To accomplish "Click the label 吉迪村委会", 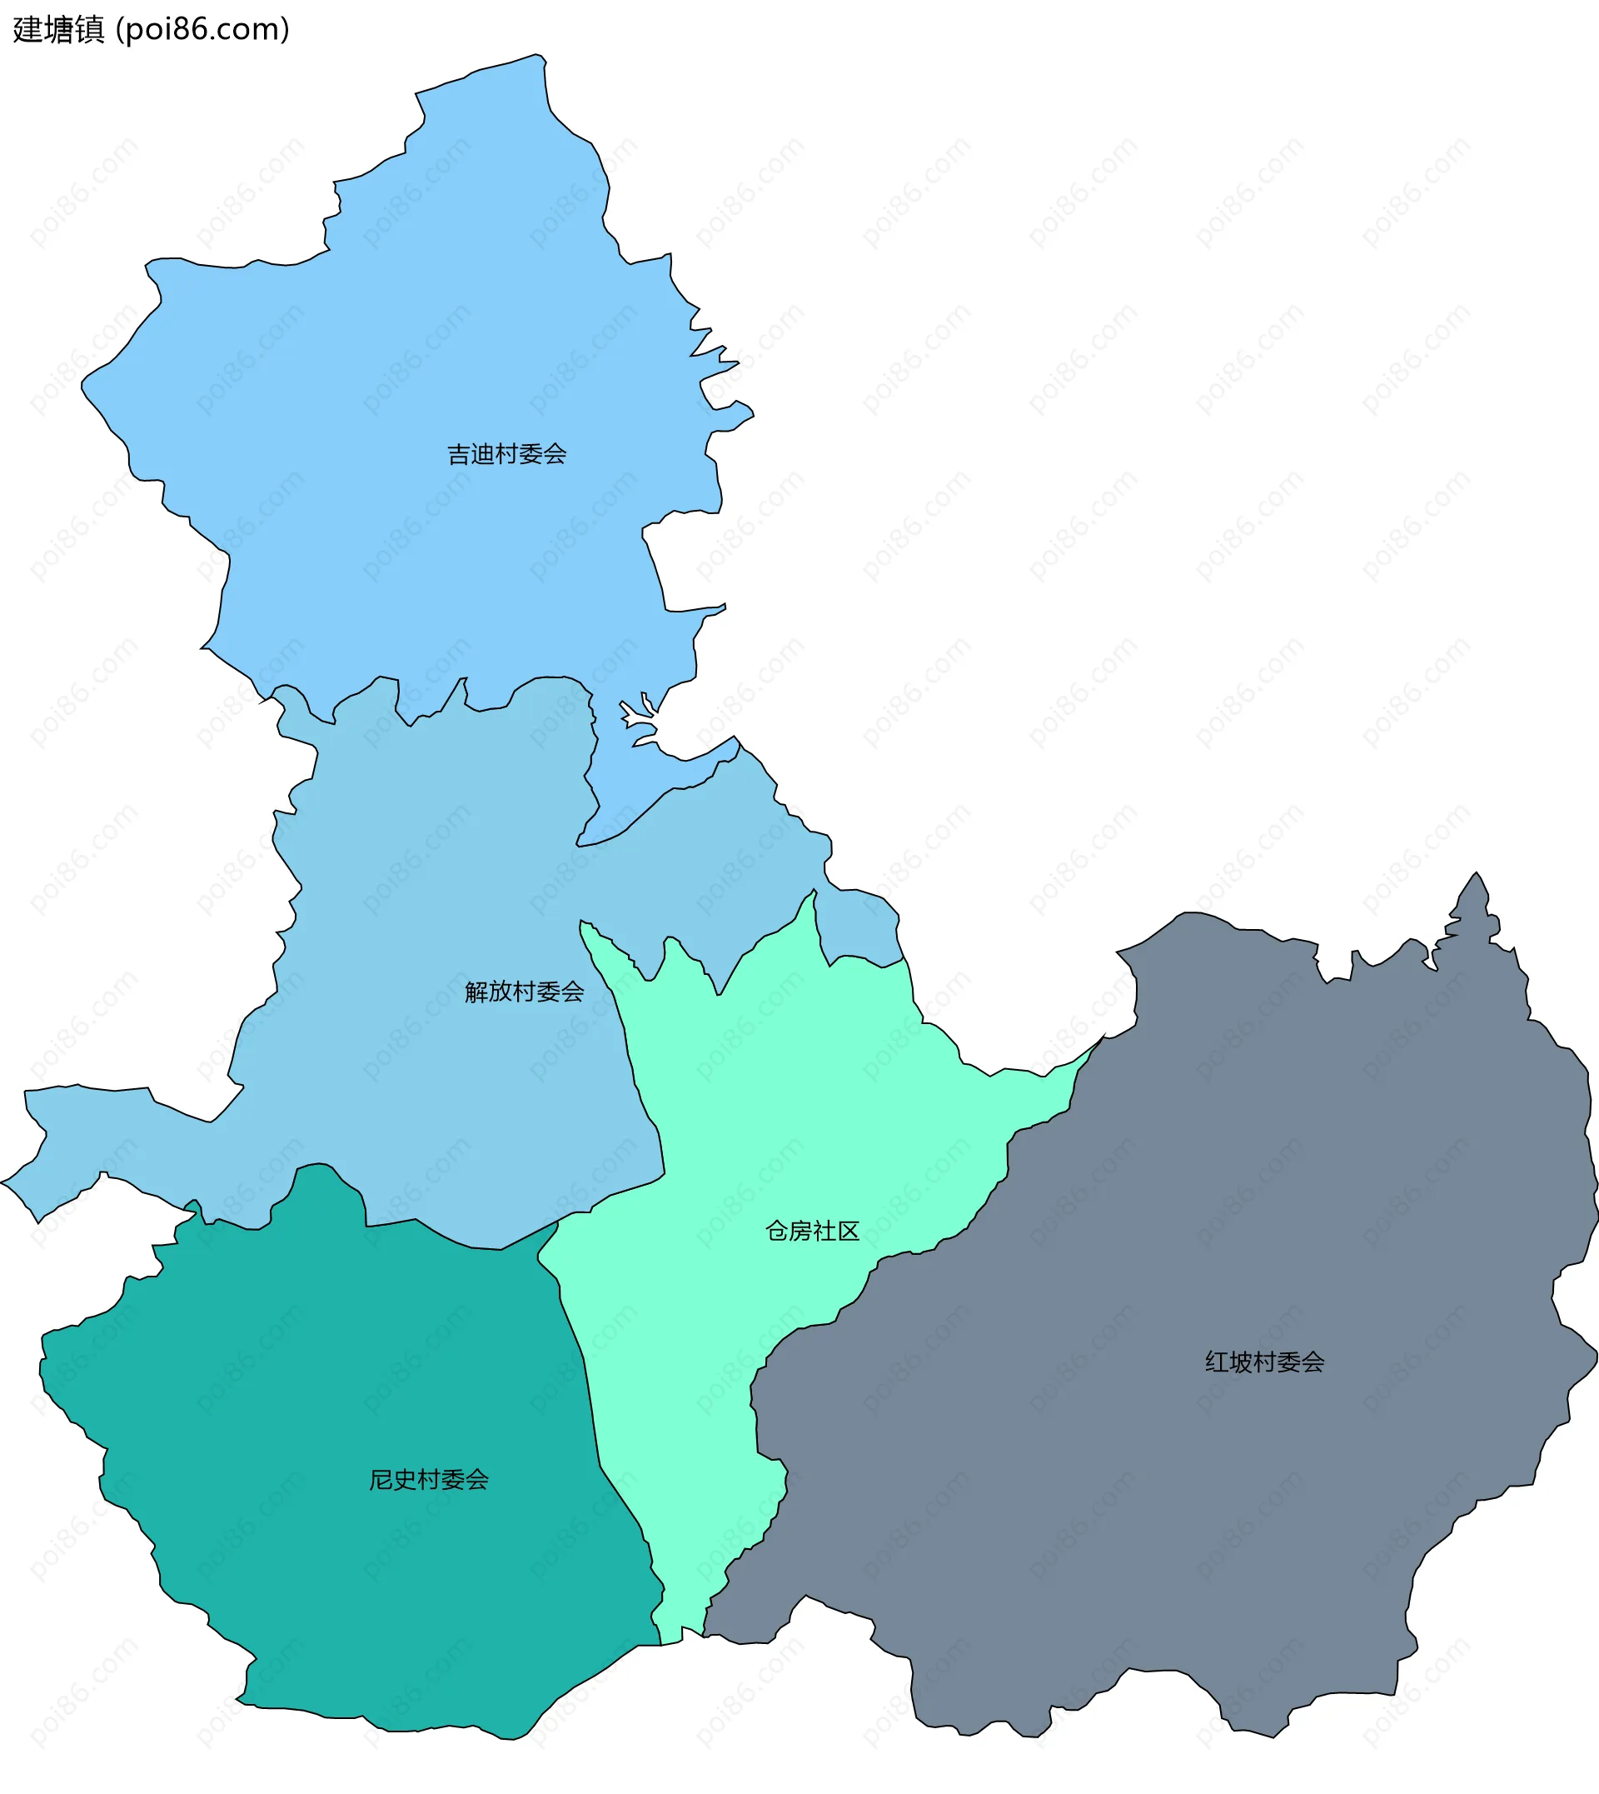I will pyautogui.click(x=507, y=454).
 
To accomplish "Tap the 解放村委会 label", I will pyautogui.click(x=525, y=992).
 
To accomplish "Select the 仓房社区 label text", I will pyautogui.click(x=812, y=1232).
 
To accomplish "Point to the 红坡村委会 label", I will pyautogui.click(x=1264, y=1362).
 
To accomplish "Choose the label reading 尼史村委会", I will pyautogui.click(x=429, y=1480).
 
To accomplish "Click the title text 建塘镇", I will pyautogui.click(x=59, y=30).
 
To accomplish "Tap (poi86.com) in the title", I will pyautogui.click(x=203, y=30).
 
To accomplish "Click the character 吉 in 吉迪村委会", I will pyautogui.click(x=460, y=454).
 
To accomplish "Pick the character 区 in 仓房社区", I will pyautogui.click(x=848, y=1232).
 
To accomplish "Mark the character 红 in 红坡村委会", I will pyautogui.click(x=1217, y=1362).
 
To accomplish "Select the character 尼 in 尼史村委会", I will pyautogui.click(x=381, y=1480).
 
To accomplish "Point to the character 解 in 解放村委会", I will pyautogui.click(x=477, y=992).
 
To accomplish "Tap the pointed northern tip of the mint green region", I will pyautogui.click(x=813, y=901).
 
